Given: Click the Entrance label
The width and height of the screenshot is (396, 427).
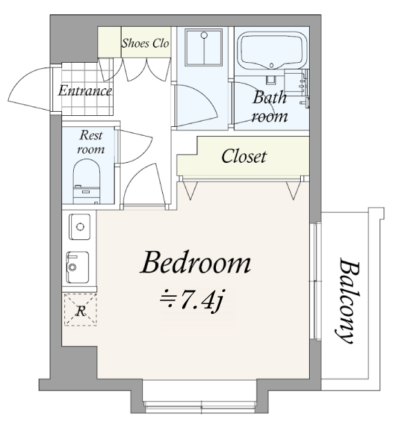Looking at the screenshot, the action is point(85,90).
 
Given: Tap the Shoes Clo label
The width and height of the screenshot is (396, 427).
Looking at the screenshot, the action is point(145,43).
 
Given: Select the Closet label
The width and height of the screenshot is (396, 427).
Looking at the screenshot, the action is point(244,157).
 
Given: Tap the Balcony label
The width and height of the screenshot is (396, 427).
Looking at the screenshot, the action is point(347,301).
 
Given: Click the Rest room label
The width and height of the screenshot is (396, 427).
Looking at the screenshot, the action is point(90,142).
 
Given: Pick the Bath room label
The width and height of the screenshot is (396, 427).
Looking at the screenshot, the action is point(269,106).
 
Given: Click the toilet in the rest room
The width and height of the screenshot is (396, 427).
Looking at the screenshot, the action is point(87,182).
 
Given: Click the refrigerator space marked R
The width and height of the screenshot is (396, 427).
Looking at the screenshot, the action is point(80,310).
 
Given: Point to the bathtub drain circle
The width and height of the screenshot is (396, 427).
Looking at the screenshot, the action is point(271,65).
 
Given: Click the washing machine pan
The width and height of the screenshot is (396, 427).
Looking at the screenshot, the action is point(204,46).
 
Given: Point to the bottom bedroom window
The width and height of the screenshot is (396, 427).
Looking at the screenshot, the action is point(200,408).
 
